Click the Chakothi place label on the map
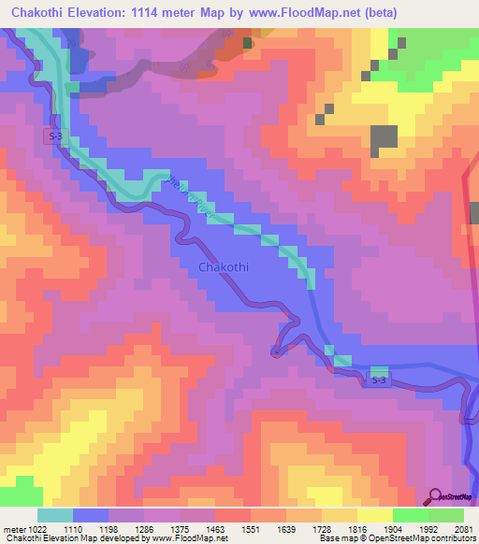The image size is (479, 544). pos(224,268)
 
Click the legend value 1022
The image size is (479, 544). pos(28,528)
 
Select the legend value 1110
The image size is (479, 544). pos(73,528)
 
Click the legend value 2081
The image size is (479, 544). pos(464,528)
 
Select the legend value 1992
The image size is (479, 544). pos(429,528)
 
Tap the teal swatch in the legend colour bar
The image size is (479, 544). pos(55,515)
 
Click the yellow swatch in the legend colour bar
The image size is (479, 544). pos(375,515)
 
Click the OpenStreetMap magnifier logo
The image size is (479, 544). pos(436,496)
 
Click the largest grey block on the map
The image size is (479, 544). pos(384,140)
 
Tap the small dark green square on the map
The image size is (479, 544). pos(248,43)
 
